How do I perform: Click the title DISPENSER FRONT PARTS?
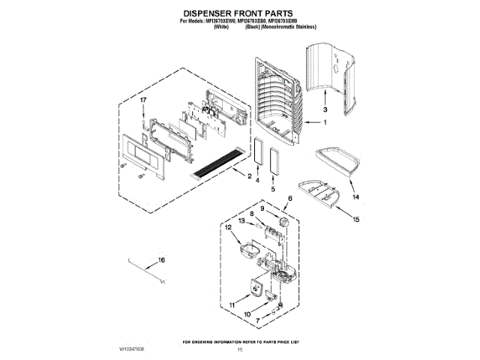[240, 13]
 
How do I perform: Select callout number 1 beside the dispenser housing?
[325, 123]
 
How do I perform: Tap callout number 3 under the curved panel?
[325, 109]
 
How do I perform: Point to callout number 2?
[248, 176]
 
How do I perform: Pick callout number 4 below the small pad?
[256, 181]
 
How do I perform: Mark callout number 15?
[356, 220]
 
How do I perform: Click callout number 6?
[289, 198]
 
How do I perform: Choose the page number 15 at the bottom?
[241, 350]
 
